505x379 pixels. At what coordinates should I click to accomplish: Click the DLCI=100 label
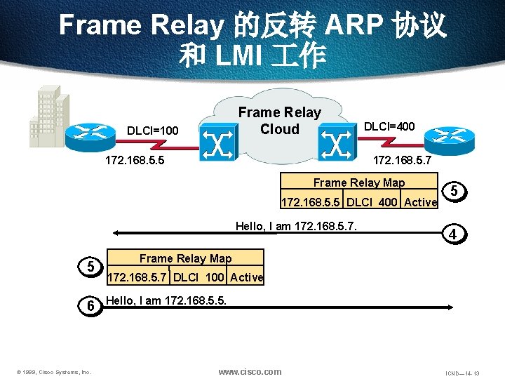(x=152, y=131)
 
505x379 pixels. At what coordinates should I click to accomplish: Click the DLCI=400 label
(x=388, y=126)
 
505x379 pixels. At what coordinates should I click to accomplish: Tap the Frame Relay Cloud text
(x=279, y=121)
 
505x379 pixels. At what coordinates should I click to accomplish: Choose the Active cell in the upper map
(x=420, y=203)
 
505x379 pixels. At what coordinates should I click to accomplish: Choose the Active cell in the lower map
(x=247, y=277)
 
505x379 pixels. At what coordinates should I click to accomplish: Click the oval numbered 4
(x=454, y=234)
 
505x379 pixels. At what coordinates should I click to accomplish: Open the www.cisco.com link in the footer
(x=250, y=371)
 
